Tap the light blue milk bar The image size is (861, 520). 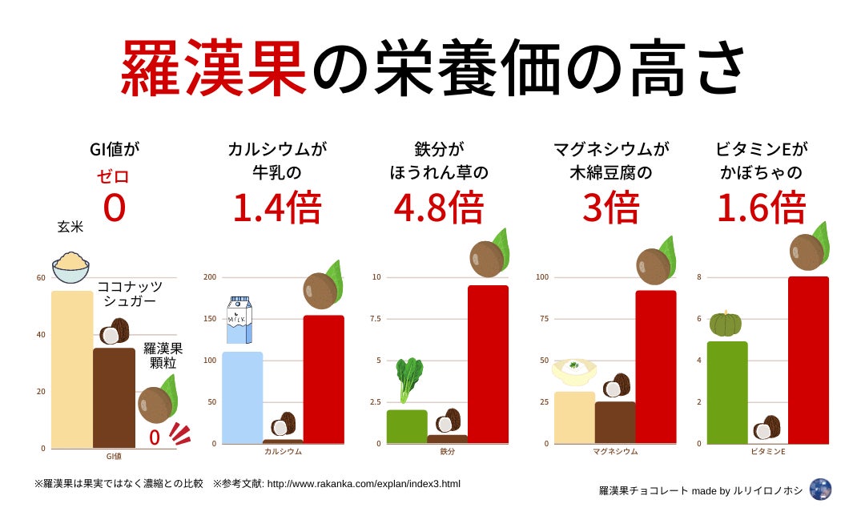tap(242, 397)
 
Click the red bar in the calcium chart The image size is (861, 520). tap(324, 379)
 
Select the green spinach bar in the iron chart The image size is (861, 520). tap(407, 426)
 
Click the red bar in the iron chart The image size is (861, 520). tap(488, 365)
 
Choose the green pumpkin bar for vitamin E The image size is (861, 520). tap(727, 393)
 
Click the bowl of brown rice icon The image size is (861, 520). tap(70, 268)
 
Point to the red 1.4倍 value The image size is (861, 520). tap(276, 208)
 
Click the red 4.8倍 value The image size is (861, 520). tap(438, 208)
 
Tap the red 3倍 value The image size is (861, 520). tap(610, 208)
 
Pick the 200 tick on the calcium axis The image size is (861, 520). tap(210, 277)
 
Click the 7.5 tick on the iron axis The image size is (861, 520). tap(376, 319)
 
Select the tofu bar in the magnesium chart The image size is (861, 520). tap(573, 417)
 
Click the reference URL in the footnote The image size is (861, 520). tap(363, 484)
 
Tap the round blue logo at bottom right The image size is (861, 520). tap(820, 490)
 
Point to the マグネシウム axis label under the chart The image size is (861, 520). tap(615, 451)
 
